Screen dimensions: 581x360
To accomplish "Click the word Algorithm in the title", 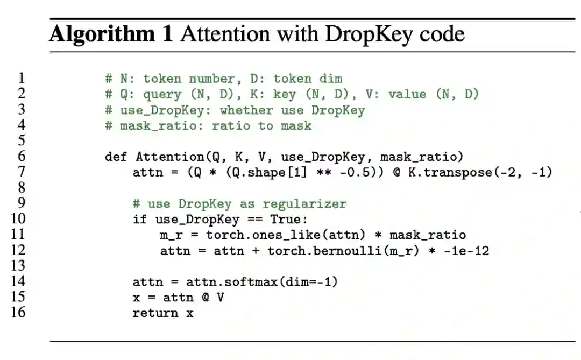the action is pyautogui.click(x=111, y=34).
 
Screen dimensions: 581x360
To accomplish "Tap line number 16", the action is pyautogui.click(x=18, y=312).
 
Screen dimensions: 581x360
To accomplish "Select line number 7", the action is pyautogui.click(x=21, y=172).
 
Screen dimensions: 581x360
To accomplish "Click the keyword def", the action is pyautogui.click(x=116, y=157).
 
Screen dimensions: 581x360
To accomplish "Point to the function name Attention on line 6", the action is pyautogui.click(x=169, y=157).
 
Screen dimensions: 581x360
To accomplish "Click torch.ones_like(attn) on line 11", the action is pyautogui.click(x=287, y=235).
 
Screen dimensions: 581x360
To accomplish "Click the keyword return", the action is pyautogui.click(x=155, y=313).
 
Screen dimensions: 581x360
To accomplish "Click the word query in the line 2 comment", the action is pyautogui.click(x=162, y=95).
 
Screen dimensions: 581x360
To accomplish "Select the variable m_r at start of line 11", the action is pyautogui.click(x=170, y=235).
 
